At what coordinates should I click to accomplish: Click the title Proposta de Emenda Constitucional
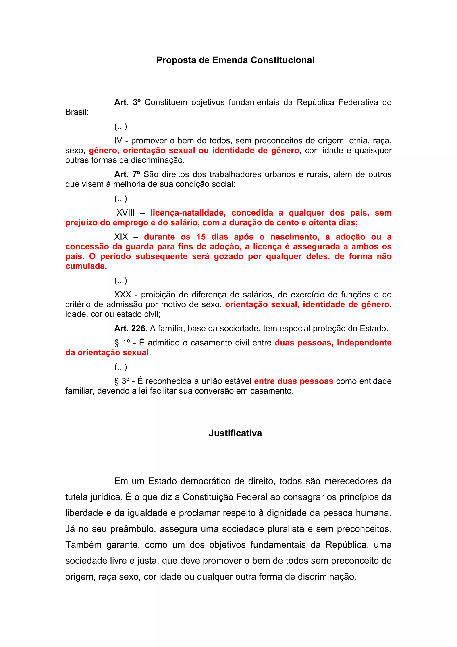tap(235, 60)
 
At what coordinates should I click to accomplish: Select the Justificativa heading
tap(235, 433)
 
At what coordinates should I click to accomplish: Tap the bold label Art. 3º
tap(127, 102)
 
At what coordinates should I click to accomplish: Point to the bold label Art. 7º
tap(127, 174)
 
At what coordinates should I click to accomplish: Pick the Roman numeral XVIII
tap(126, 213)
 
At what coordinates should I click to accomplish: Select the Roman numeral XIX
tap(121, 237)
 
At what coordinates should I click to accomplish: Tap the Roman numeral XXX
tap(123, 295)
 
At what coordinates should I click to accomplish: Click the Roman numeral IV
tap(118, 141)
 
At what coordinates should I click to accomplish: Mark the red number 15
tap(201, 237)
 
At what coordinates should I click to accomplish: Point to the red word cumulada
tap(86, 266)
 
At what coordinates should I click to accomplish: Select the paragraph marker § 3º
tap(122, 381)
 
